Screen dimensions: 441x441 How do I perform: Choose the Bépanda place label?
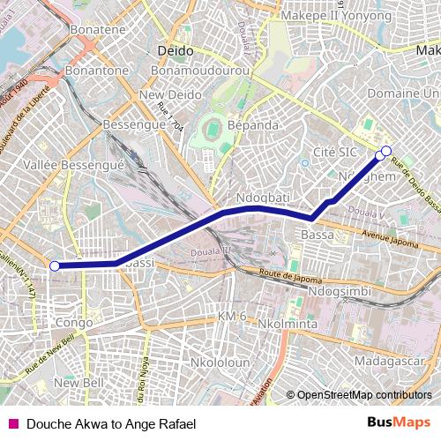point(252,125)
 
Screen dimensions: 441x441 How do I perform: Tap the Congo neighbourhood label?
point(74,323)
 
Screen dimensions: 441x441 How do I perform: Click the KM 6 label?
point(231,316)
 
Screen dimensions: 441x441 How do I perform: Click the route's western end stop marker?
point(55,265)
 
